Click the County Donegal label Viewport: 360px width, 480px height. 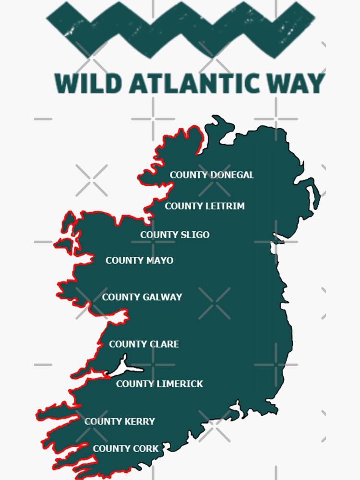[x=212, y=175]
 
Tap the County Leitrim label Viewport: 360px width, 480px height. [x=205, y=206]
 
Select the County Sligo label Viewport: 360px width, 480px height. [x=175, y=235]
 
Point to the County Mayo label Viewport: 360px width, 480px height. [x=139, y=260]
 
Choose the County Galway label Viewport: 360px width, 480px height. [x=142, y=297]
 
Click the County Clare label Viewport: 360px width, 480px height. [x=144, y=344]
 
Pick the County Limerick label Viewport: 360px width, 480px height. [x=159, y=384]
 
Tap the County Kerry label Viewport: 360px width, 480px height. [x=120, y=421]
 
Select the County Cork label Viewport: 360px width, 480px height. [x=126, y=449]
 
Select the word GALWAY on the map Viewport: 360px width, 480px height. [x=162, y=297]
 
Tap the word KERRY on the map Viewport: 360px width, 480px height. [x=140, y=421]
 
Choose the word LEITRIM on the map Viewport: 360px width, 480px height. [x=225, y=206]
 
